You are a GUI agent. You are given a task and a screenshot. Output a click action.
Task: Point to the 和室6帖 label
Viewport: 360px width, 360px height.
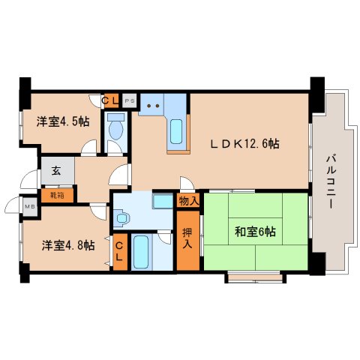(x=255, y=232)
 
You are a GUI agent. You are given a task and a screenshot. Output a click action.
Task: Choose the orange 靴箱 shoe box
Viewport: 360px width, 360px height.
(x=57, y=194)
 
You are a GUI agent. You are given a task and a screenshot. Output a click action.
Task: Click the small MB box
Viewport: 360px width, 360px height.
(x=31, y=206)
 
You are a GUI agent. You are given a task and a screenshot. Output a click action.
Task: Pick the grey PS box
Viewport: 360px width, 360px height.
(x=129, y=98)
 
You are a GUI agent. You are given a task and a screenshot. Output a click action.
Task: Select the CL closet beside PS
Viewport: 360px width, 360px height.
(x=110, y=98)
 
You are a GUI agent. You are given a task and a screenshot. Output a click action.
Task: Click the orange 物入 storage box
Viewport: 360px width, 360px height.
(x=188, y=201)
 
